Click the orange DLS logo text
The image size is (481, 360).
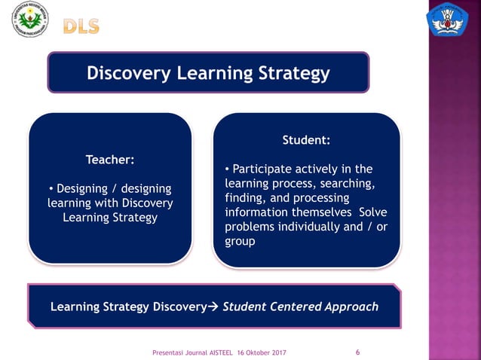point(81,26)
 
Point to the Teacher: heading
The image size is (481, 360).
point(110,160)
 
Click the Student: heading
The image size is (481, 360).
point(306,140)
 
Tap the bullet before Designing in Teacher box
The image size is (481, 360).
point(51,188)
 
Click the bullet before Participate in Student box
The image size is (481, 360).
point(228,169)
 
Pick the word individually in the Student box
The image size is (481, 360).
point(307,227)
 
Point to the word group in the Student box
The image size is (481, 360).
point(240,242)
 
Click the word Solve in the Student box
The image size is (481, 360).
point(373,212)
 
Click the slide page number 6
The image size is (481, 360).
point(357,352)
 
